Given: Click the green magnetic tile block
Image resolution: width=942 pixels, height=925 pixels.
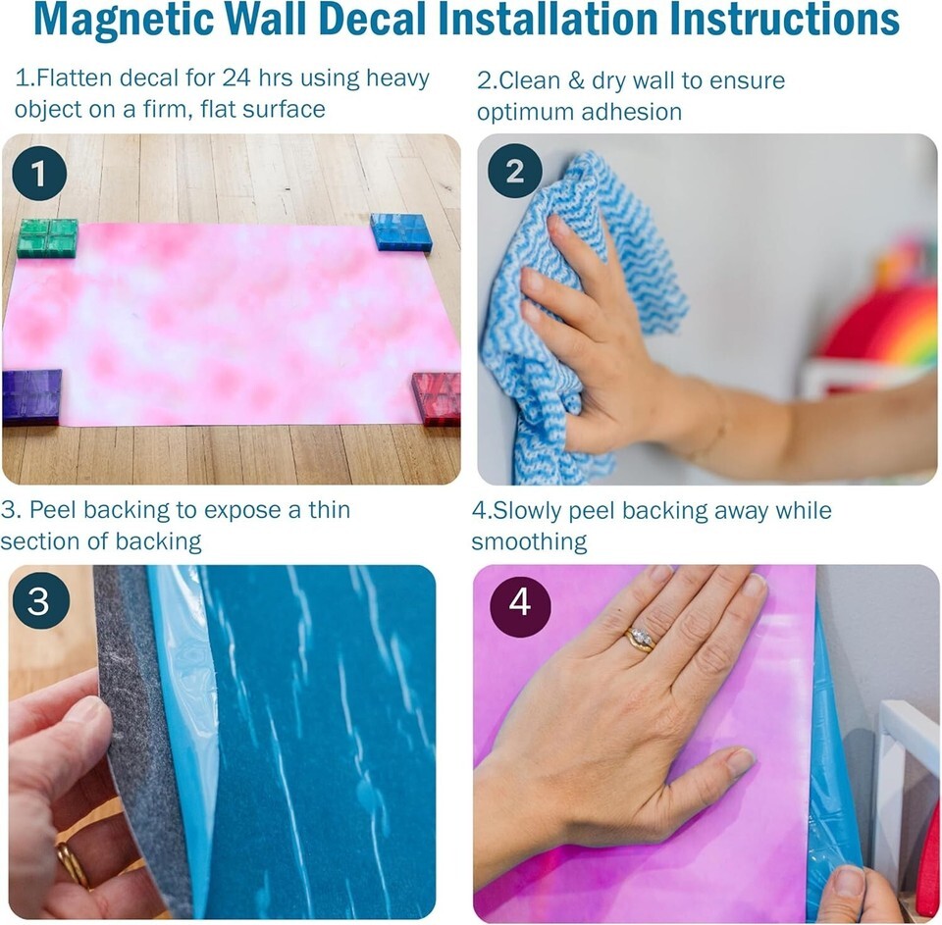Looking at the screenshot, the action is click(47, 237).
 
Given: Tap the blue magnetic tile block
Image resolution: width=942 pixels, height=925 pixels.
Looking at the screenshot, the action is click(400, 231).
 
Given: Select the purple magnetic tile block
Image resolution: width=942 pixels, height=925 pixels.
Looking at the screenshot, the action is click(31, 397).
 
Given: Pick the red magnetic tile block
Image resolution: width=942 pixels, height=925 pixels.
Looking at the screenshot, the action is click(437, 398).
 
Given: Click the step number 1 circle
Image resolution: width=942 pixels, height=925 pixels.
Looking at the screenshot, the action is click(39, 174).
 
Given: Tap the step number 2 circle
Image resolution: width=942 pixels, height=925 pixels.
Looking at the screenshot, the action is click(515, 172).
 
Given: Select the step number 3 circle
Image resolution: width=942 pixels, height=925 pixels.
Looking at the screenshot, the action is click(41, 600).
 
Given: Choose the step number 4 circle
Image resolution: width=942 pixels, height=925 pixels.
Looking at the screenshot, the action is click(520, 602).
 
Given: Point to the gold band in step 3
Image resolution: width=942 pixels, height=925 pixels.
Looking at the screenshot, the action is click(73, 865).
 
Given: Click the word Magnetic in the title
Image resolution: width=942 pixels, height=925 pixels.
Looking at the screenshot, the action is click(128, 21).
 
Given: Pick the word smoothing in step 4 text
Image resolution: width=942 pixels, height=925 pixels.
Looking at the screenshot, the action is click(529, 541).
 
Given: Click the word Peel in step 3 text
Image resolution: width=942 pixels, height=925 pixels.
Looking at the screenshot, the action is click(53, 510).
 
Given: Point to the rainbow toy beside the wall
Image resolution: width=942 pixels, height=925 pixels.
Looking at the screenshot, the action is click(882, 319).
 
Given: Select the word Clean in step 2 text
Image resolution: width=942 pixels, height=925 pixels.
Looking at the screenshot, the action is click(529, 80).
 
